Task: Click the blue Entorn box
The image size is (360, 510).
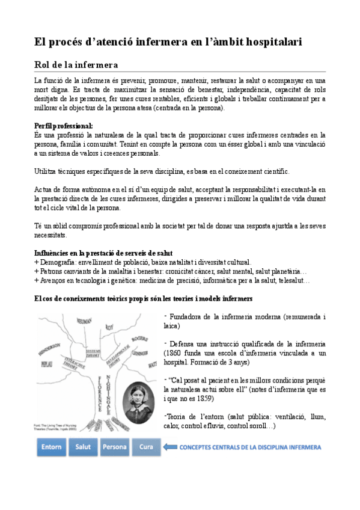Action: (52, 447)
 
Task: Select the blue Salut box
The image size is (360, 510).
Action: (83, 447)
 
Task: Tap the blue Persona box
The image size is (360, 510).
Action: (114, 447)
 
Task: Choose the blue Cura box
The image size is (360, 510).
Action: (145, 447)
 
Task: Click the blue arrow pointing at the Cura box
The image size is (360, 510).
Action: (171, 447)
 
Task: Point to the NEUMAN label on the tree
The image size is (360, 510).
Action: (81, 321)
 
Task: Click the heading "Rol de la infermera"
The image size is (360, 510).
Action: (75, 64)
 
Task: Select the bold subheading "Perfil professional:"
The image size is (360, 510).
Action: (63, 126)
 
